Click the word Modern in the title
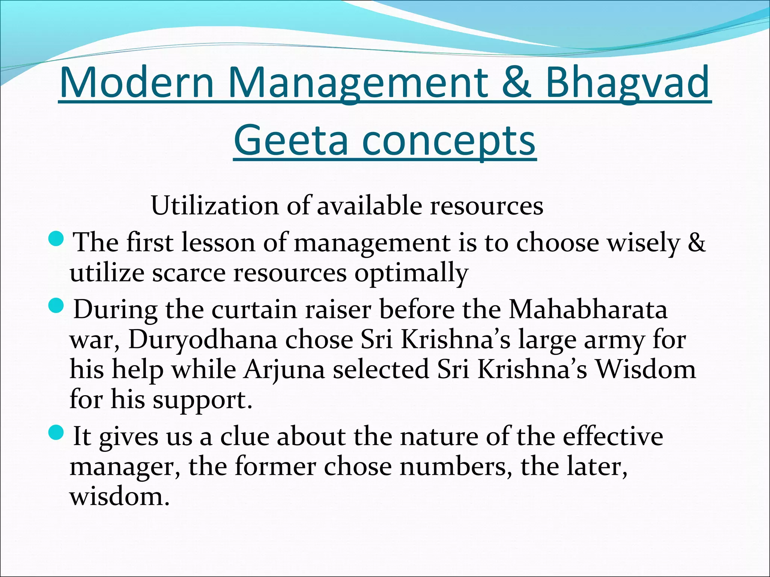[136, 82]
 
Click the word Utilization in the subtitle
[215, 206]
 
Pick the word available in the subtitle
[369, 206]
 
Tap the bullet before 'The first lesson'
[57, 239]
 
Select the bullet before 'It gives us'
[57, 434]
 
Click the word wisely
[643, 243]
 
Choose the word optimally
[411, 273]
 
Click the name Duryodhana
[203, 340]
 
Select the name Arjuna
[284, 370]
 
